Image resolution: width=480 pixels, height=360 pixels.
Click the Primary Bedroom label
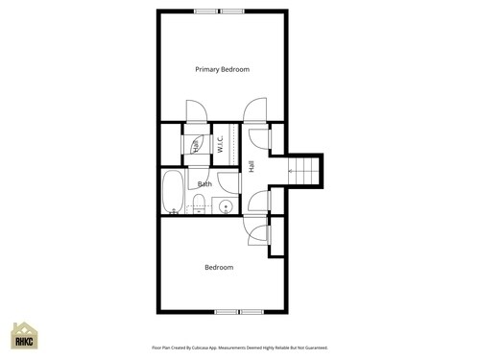point(222,69)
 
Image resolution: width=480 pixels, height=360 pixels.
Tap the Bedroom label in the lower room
point(219,267)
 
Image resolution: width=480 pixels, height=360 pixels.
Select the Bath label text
point(205,183)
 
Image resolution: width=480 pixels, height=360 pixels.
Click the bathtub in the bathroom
point(173,192)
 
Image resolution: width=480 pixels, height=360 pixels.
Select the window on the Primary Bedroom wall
point(218,12)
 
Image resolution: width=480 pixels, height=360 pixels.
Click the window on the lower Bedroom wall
point(238,312)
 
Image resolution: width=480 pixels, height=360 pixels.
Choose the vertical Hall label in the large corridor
point(251,166)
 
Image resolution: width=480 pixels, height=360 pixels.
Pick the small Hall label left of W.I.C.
point(196,146)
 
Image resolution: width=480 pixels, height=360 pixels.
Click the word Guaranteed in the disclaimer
point(313,348)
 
